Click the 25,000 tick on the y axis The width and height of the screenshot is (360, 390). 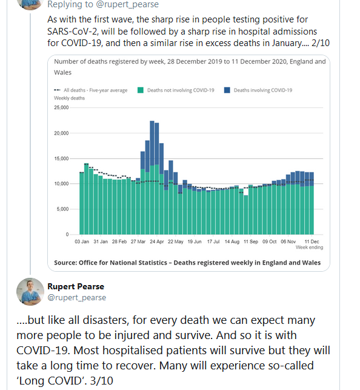(61, 107)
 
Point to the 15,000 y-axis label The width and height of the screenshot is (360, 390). (61, 158)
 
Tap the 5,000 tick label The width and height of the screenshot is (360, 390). (62, 209)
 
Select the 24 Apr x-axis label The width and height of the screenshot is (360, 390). (157, 241)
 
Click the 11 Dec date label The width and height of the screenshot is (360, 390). (312, 241)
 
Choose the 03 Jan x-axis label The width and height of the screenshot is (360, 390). (82, 241)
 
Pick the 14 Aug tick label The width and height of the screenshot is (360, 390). (232, 241)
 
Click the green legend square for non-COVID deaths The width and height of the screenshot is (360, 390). (141, 90)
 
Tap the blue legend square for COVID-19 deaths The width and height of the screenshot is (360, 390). (227, 90)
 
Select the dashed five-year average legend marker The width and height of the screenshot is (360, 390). (57, 90)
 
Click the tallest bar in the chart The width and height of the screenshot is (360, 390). (152, 178)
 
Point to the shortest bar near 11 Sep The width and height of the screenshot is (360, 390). (246, 215)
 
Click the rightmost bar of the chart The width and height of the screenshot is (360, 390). (312, 203)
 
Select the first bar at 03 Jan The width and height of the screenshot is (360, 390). (82, 203)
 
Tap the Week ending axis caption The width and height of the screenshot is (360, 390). (309, 247)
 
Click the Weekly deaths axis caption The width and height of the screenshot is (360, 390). (69, 98)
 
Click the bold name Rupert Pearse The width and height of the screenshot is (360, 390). (76, 286)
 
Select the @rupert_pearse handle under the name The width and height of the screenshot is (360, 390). (77, 297)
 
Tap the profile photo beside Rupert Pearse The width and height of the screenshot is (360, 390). (30, 292)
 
